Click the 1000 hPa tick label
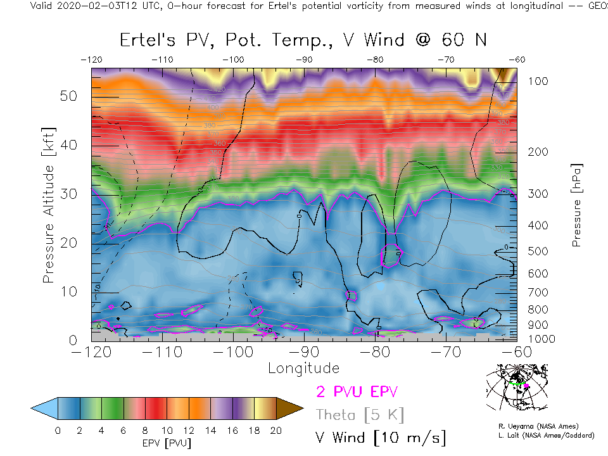(541, 339)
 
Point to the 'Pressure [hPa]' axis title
(576, 205)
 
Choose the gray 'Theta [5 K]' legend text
(359, 415)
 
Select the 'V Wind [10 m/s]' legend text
(380, 437)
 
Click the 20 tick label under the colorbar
(275, 431)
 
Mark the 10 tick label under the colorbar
(167, 431)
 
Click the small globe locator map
(516, 388)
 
